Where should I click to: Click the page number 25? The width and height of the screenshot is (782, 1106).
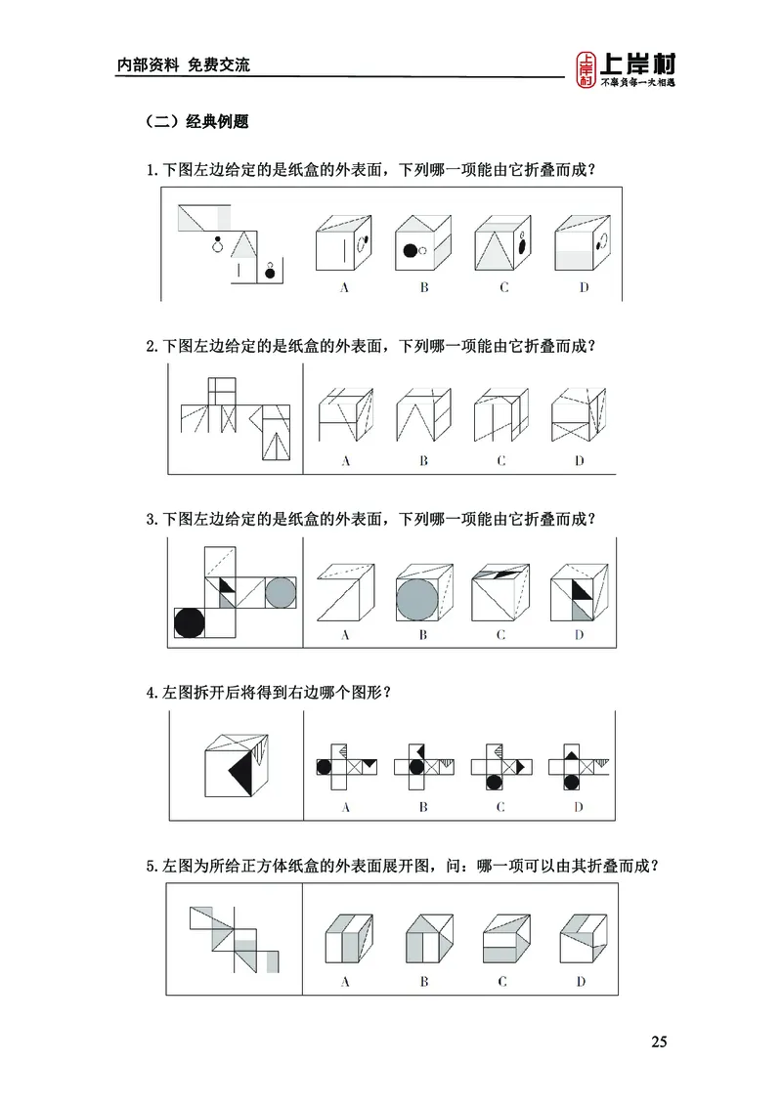tap(659, 1042)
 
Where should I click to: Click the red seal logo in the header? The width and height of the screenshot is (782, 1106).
tap(586, 69)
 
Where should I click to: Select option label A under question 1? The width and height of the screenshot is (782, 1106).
tap(344, 287)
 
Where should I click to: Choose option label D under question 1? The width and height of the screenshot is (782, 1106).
tap(584, 287)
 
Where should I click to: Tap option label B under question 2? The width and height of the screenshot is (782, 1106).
tap(423, 461)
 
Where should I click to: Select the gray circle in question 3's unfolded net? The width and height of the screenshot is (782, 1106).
tap(281, 592)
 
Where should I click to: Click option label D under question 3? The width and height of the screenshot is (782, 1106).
tap(579, 635)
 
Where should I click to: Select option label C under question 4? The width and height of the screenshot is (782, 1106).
tap(500, 807)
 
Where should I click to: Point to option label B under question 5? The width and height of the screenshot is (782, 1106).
tap(423, 981)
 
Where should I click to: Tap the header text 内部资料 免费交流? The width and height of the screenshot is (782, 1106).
tap(183, 65)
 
